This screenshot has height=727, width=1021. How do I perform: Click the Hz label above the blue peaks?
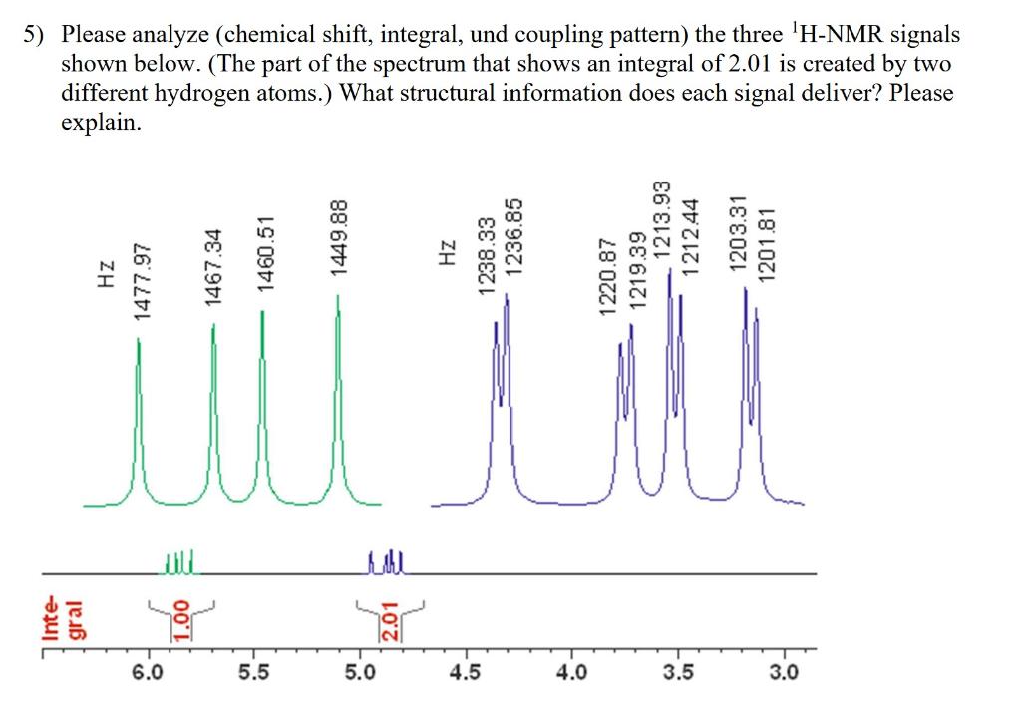446,253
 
